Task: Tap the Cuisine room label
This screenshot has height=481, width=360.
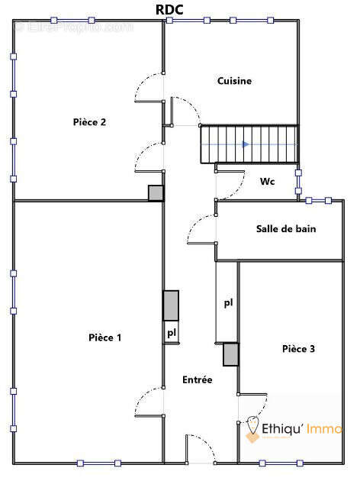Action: [234, 80]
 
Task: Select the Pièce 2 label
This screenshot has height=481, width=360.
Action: [89, 121]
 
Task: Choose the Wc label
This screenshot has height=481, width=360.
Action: [267, 182]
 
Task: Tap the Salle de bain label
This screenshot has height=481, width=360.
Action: [285, 228]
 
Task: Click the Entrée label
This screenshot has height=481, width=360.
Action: [197, 379]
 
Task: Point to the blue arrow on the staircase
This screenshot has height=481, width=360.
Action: [245, 144]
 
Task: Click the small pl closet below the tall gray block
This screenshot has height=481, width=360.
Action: [171, 333]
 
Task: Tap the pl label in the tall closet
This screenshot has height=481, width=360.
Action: [227, 303]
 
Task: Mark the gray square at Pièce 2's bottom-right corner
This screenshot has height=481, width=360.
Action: [156, 193]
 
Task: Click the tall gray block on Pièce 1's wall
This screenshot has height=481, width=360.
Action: [171, 305]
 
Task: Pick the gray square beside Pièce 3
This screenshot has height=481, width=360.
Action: [230, 354]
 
